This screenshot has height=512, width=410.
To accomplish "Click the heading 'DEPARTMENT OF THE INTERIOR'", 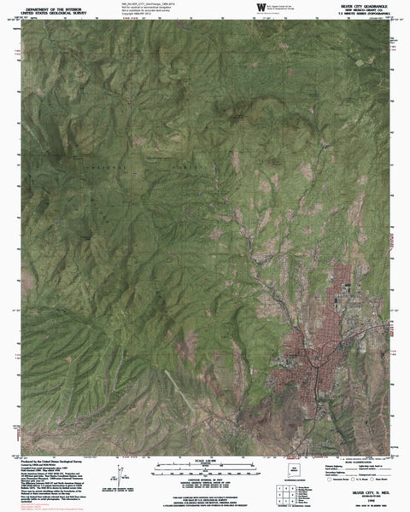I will (x=54, y=8).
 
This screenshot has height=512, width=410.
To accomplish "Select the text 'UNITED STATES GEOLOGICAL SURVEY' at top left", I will (x=54, y=13).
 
